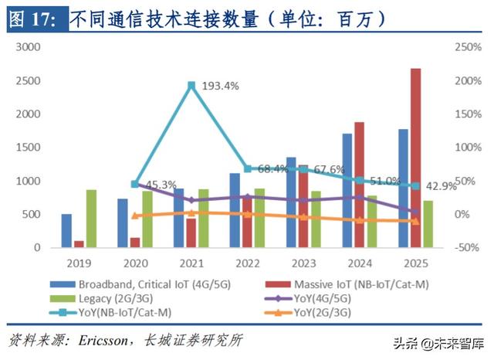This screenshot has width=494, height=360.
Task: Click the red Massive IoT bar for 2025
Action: [416, 158]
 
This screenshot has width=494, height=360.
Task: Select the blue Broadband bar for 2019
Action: [66, 230]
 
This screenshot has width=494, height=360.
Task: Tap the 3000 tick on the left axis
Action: [28, 47]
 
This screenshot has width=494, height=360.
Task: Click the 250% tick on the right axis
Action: [469, 47]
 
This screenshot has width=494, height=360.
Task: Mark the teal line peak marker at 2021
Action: [191, 85]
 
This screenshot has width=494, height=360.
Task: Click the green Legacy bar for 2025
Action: [428, 224]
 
